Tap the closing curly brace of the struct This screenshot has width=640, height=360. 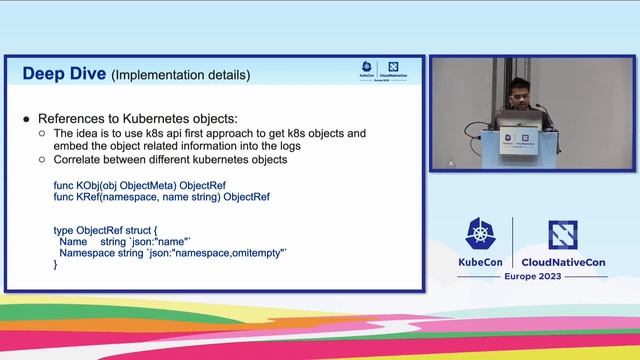[55, 266]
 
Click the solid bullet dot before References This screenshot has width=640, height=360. [26, 119]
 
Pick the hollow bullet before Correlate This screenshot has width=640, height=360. [42, 159]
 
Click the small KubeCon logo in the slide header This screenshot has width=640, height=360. [368, 69]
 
